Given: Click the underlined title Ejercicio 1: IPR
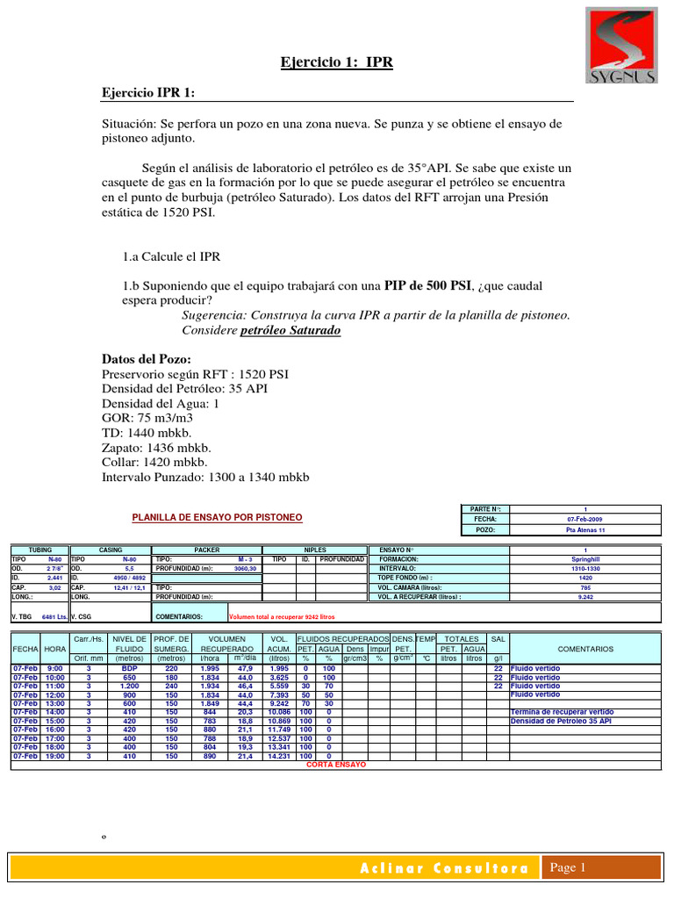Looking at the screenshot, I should click(337, 62).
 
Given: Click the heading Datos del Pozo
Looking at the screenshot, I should click(147, 359).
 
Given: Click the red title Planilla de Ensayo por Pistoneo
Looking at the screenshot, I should click(215, 518).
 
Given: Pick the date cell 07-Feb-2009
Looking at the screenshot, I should click(585, 519).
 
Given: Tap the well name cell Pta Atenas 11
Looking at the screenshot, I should click(585, 530).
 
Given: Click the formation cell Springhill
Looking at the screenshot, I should click(585, 558).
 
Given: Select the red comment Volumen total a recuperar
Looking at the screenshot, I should click(281, 617).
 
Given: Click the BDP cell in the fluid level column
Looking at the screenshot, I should click(129, 668).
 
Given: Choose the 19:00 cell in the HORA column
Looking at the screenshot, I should click(54, 755).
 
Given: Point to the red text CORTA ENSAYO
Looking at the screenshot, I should click(336, 764).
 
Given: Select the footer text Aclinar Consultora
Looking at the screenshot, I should click(444, 868).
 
